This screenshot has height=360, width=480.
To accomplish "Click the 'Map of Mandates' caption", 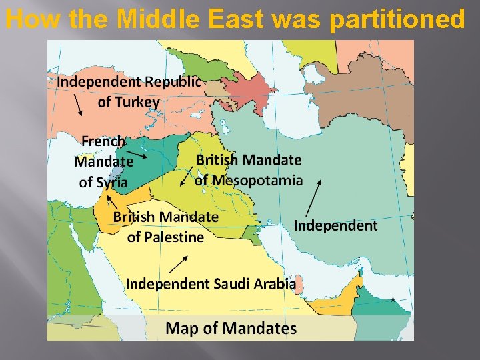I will pos(231,328).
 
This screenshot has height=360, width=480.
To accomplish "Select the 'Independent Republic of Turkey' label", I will pos(128,92).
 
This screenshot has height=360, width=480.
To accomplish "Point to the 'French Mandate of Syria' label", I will pos(103,161).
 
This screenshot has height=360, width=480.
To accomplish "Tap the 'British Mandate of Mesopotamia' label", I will pos(249,170).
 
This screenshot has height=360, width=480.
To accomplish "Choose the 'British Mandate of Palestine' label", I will pos(165,227).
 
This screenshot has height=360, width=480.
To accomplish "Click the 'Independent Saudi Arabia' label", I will pos(211,283).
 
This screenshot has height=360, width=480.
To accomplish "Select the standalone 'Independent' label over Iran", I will pos(335,225).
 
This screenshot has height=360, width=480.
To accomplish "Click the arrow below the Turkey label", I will pos(77,105).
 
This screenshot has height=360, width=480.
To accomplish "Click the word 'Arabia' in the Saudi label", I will pos(274,283).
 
